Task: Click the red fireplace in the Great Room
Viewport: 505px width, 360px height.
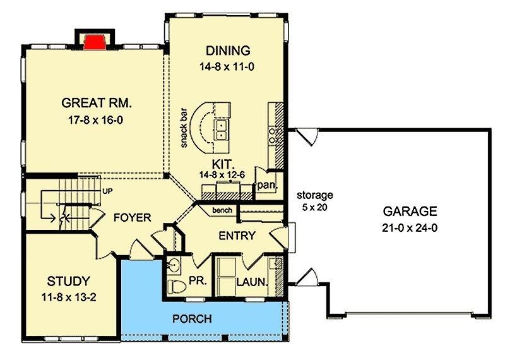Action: point(95,42)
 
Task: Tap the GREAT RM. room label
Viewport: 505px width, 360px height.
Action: point(97,103)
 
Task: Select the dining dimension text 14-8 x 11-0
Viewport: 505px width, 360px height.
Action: point(227,67)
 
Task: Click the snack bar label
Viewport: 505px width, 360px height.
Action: point(184,128)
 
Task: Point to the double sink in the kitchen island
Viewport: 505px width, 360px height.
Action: point(222,130)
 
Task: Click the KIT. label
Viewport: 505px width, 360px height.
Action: point(223,164)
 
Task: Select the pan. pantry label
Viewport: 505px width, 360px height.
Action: point(267,186)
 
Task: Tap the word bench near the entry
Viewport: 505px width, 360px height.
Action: point(222,210)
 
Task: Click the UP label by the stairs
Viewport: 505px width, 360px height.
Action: point(107,191)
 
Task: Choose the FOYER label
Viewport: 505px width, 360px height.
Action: point(133,217)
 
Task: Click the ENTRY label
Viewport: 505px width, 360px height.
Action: point(237,236)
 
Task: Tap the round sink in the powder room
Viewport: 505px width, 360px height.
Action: point(174,265)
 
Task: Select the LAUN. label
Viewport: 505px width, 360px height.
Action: point(252,282)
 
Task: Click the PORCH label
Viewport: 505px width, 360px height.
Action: point(192,319)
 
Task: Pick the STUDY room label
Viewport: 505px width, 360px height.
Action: point(68,281)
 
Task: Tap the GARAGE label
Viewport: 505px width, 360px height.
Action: point(410,212)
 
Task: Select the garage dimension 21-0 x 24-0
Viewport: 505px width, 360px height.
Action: point(410,228)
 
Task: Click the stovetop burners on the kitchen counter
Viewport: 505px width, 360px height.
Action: point(273,136)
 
